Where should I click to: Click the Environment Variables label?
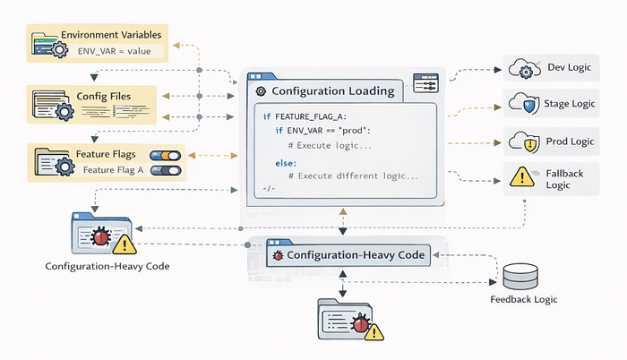(x=111, y=35)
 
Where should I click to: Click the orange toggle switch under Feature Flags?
(x=167, y=155)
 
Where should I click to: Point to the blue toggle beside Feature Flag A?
(x=167, y=169)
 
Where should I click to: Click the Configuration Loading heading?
(x=331, y=90)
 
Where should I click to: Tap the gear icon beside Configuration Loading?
(x=261, y=91)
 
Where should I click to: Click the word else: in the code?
(x=287, y=163)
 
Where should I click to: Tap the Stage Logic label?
(x=571, y=104)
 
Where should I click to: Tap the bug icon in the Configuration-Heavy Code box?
(x=277, y=255)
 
